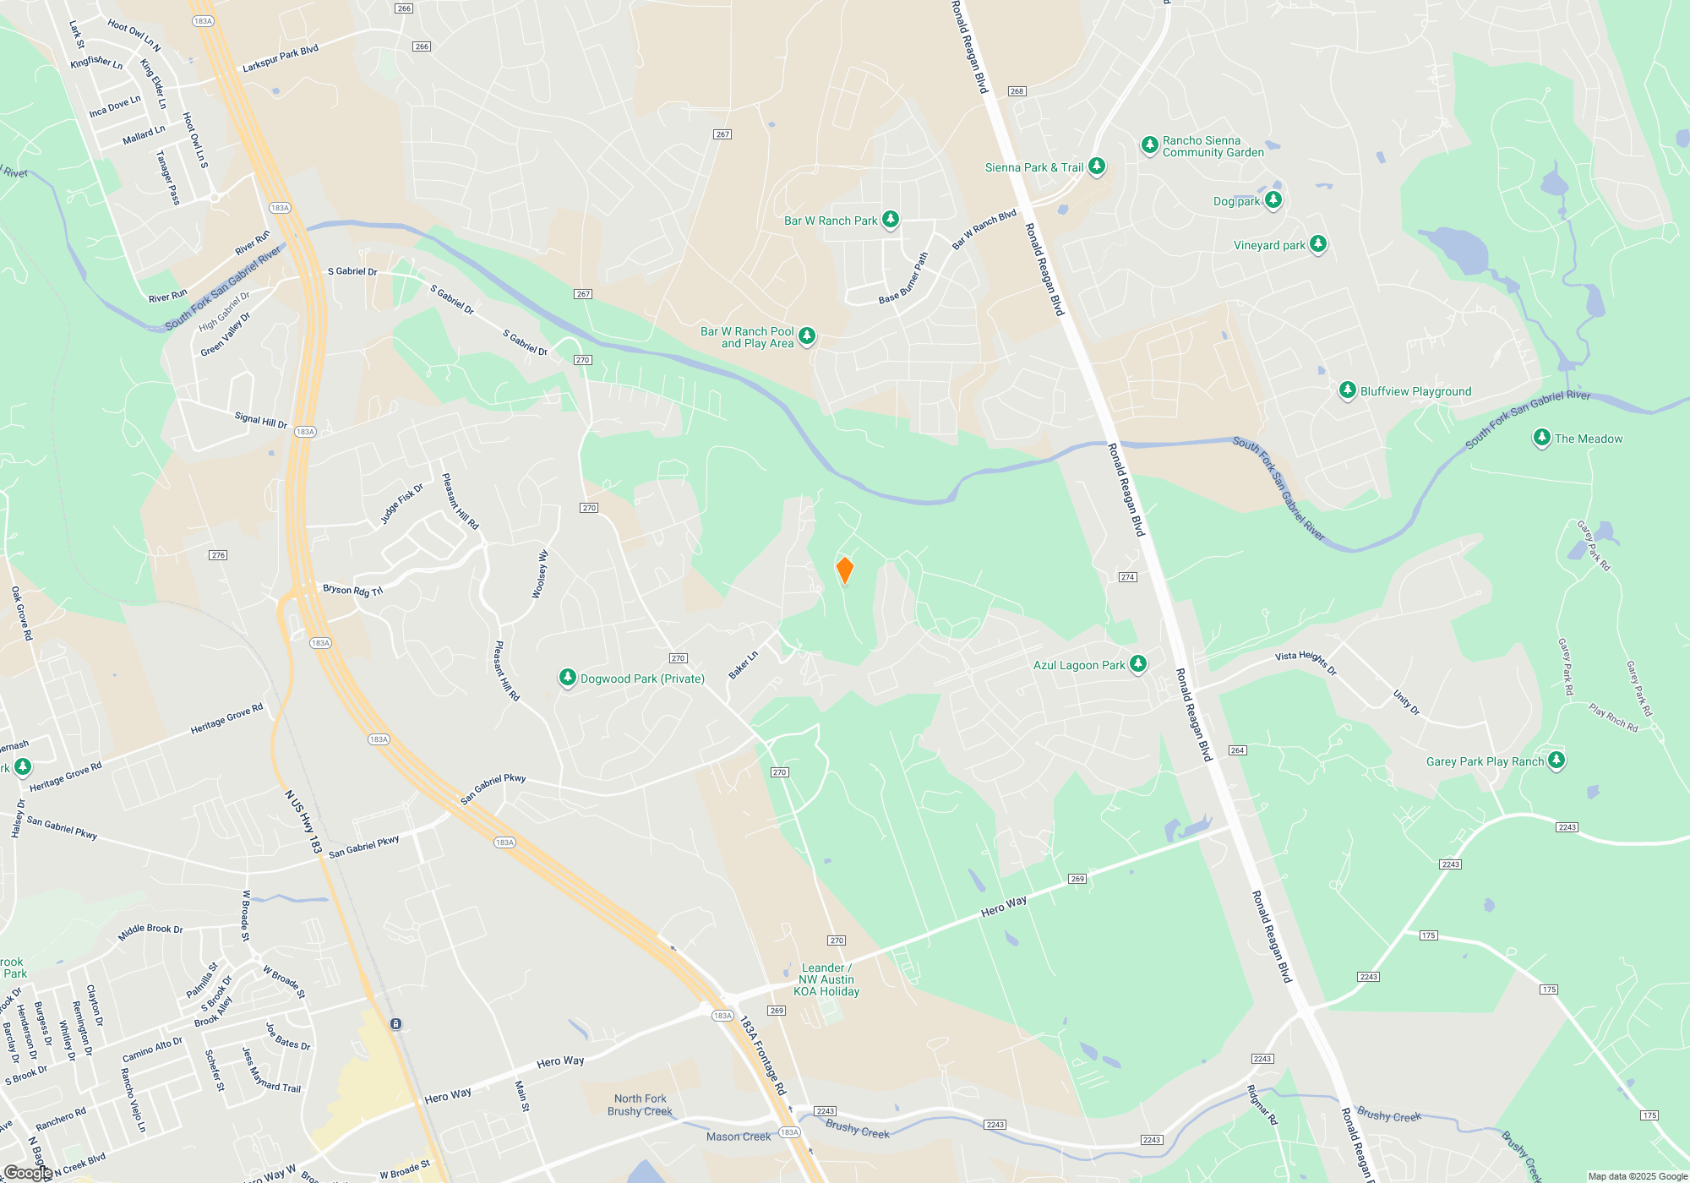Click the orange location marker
coord(844,570)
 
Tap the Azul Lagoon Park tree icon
coord(1138,663)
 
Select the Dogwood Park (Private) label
coord(642,679)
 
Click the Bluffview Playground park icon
coord(1348,390)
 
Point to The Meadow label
coord(1588,439)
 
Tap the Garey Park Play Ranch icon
coord(1556,760)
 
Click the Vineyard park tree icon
coord(1317,244)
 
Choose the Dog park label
coord(1236,201)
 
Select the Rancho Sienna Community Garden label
coord(1213,146)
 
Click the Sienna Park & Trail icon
coord(1097,166)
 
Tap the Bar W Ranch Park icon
coord(890,219)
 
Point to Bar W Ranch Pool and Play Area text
coord(748,337)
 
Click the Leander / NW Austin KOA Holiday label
coord(828,979)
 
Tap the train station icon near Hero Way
coord(395,1023)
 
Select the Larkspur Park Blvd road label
coord(281,58)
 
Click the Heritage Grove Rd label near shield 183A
coord(226,718)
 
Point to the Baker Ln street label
coord(744,664)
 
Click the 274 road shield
coord(1127,577)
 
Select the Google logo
coord(27,1172)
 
